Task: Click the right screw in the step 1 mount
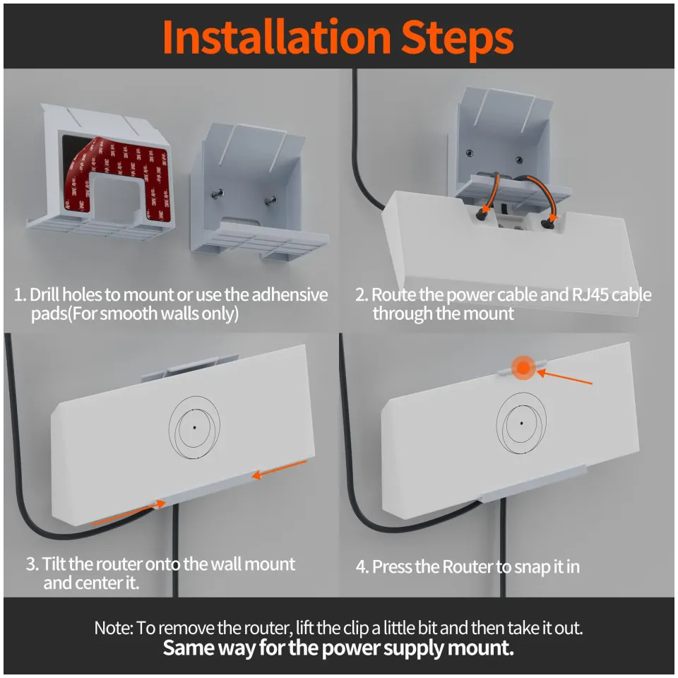click(270, 200)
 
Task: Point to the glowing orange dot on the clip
click(523, 367)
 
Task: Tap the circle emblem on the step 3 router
click(194, 427)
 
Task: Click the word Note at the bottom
click(112, 627)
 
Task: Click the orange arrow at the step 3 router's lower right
click(280, 468)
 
